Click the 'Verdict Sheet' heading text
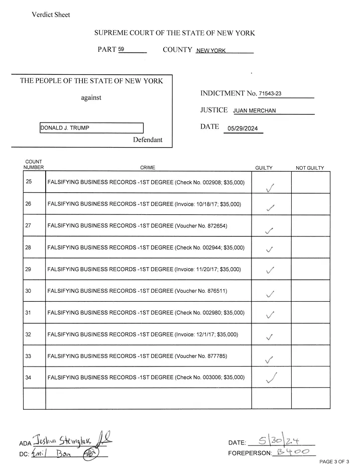[51, 15]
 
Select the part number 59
[121, 50]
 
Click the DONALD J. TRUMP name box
[91, 128]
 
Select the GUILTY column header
[264, 168]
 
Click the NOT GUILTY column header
[310, 168]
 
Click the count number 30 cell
[29, 291]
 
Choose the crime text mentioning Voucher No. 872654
[137, 226]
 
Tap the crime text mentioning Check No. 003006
[146, 377]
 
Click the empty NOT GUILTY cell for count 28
[310, 248]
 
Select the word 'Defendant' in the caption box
[148, 140]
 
